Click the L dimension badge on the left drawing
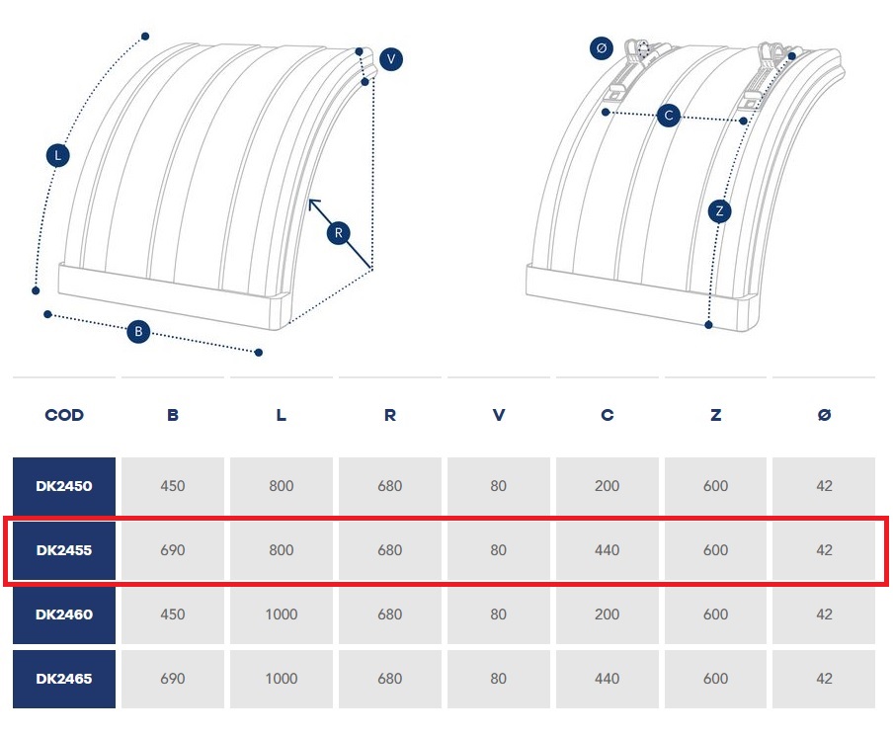(x=58, y=155)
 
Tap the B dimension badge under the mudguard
(x=138, y=332)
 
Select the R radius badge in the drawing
(x=338, y=233)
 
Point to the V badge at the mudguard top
(x=391, y=59)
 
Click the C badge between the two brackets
(x=669, y=116)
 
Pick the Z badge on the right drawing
(x=720, y=210)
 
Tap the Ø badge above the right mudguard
(x=602, y=47)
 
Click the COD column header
(x=64, y=415)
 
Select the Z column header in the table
(x=715, y=415)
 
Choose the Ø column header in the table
(x=824, y=415)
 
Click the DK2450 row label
(x=64, y=486)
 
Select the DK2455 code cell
(x=64, y=550)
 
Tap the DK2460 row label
(x=64, y=614)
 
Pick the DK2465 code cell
(x=64, y=679)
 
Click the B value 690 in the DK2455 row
(x=173, y=550)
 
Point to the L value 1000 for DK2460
(x=282, y=614)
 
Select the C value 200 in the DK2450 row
(x=607, y=486)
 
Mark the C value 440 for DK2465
(x=607, y=679)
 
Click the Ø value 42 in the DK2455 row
(x=824, y=550)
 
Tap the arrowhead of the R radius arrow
(x=312, y=203)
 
